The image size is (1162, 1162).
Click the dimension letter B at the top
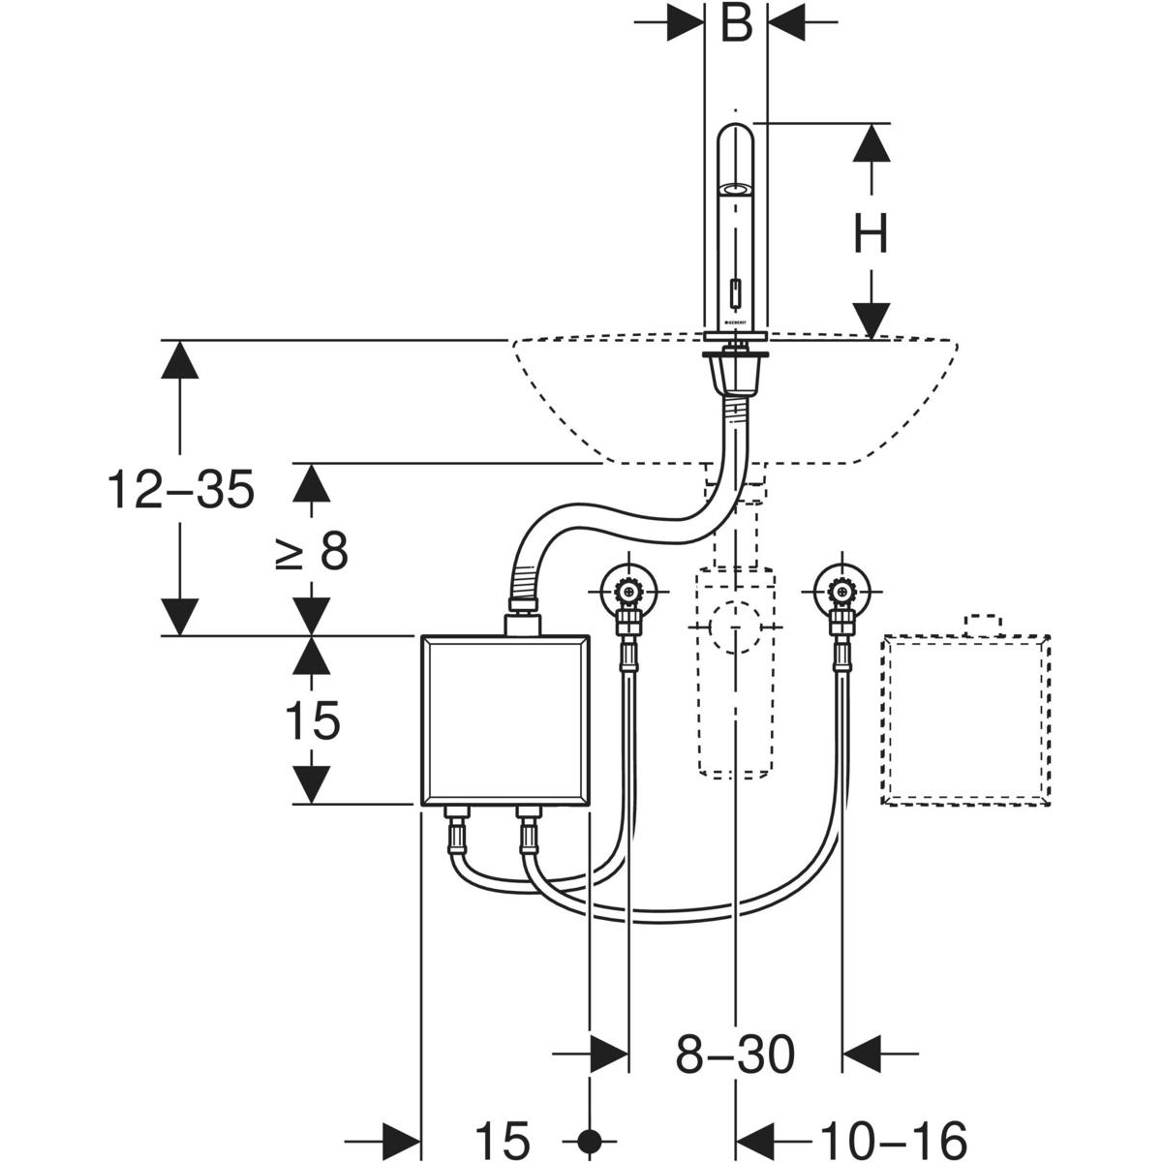(x=737, y=24)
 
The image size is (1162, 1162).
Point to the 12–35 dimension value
(x=181, y=489)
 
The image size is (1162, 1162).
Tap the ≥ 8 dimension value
(x=312, y=552)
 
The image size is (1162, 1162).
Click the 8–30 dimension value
(x=735, y=1055)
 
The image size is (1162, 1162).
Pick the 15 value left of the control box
(x=312, y=720)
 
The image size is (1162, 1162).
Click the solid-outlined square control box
(x=505, y=719)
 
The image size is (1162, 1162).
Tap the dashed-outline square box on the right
(x=965, y=719)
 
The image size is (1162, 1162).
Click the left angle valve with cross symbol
(x=629, y=588)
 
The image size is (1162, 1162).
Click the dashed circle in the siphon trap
(x=735, y=627)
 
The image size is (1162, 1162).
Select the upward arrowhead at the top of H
(x=871, y=142)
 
